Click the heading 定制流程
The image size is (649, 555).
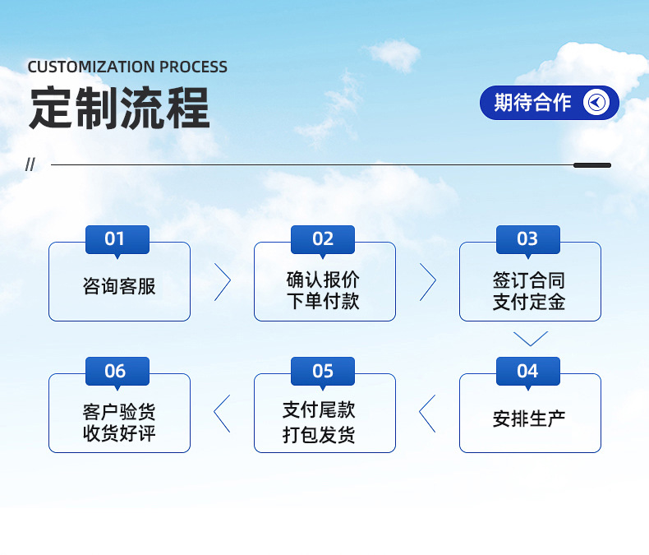[x=119, y=109]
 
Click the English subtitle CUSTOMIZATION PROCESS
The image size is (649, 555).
[x=127, y=67]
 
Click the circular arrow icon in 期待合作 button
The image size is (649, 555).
[x=596, y=103]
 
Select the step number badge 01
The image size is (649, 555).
[x=117, y=239]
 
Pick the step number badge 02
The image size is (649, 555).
[x=323, y=239]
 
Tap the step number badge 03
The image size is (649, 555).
[x=527, y=239]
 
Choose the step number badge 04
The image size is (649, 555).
[x=527, y=371]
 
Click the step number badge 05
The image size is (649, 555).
[x=323, y=371]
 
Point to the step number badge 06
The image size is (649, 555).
[x=117, y=371]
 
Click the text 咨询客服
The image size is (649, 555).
[x=119, y=287]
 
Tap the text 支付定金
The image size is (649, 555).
[x=529, y=302]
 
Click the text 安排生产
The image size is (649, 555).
[x=529, y=419]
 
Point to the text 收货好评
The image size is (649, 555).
[x=119, y=433]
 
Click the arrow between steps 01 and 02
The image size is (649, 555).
[x=223, y=282]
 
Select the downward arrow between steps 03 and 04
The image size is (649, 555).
[x=530, y=338]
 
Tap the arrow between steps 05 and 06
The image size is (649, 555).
[x=223, y=413]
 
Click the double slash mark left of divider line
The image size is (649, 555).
[x=31, y=165]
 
